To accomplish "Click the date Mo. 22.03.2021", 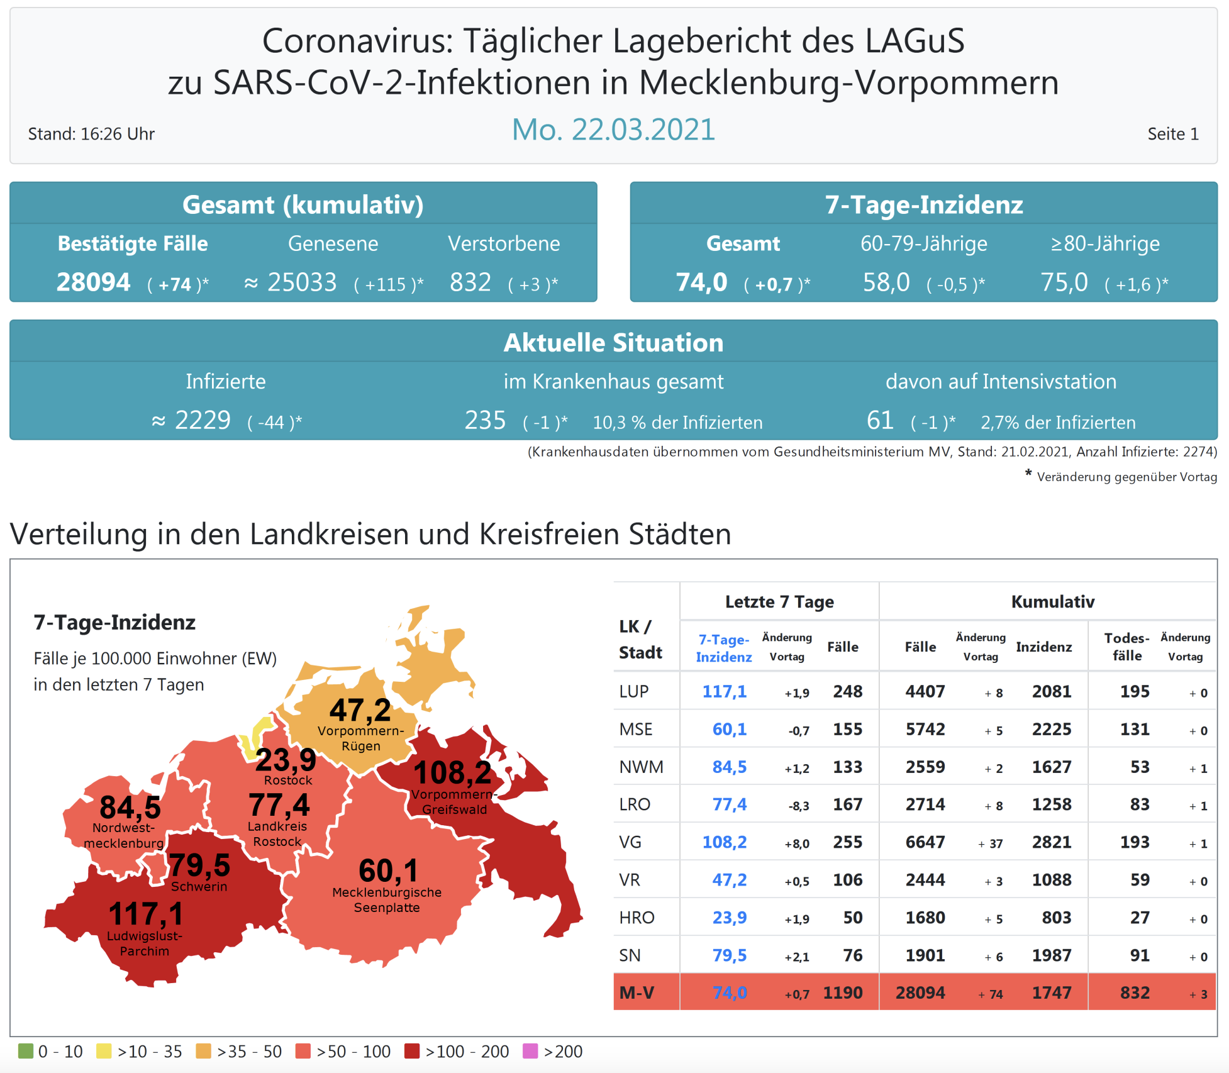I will tap(613, 130).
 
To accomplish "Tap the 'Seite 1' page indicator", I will tap(1172, 134).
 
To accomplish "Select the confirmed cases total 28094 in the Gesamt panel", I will tap(94, 282).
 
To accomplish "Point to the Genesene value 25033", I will tap(302, 282).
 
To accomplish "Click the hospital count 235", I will tap(485, 420).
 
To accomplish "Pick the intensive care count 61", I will tap(879, 420).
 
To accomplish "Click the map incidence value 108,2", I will tap(452, 772).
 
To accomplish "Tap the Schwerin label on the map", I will tap(199, 887).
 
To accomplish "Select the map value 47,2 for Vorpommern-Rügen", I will tap(360, 710).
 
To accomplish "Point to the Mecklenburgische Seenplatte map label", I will tap(387, 900).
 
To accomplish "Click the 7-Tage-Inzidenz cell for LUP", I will tap(724, 692).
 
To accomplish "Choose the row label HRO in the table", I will tap(637, 918).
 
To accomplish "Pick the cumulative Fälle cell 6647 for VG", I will tap(925, 842).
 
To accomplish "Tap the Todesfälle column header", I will tap(1126, 647).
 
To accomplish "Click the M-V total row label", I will tap(637, 993).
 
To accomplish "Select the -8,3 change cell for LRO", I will tap(798, 806).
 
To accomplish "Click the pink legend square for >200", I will tap(530, 1051).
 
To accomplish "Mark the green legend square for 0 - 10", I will tap(26, 1051).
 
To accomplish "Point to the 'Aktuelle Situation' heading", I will tap(613, 343).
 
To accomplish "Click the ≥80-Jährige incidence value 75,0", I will tap(1064, 282).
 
